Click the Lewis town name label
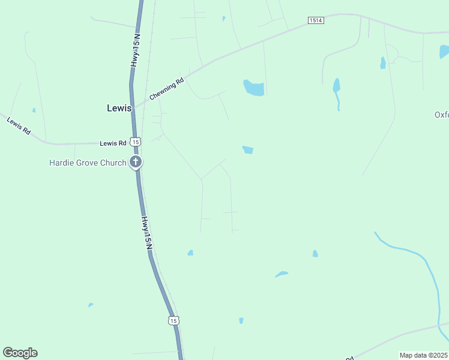(119, 108)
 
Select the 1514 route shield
(316, 20)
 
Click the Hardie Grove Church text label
(88, 163)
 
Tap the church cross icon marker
(136, 161)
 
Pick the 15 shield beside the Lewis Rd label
(136, 142)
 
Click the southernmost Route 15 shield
(173, 320)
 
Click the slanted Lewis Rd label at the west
(19, 126)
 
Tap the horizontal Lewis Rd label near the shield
(113, 143)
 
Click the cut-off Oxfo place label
(441, 115)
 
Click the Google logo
(20, 353)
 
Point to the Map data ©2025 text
(423, 355)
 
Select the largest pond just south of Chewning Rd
(254, 88)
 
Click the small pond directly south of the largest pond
(247, 149)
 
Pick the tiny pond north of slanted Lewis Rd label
(34, 110)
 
